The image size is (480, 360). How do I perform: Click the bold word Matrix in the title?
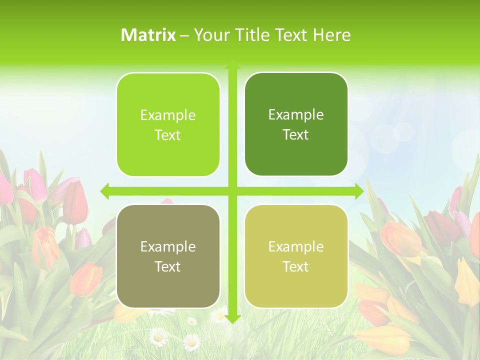148,35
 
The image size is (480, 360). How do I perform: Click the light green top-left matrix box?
168,124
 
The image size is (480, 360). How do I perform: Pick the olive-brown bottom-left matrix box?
168,256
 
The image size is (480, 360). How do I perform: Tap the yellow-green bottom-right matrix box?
296,256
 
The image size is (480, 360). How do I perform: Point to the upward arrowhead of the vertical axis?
232,65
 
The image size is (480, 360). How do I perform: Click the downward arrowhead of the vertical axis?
232,318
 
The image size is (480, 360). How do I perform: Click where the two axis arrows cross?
232,191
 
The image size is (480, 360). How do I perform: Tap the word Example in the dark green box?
296,114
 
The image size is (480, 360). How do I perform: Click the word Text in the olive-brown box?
167,266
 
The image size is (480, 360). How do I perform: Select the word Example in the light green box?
168,115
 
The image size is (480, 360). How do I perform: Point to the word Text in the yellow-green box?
295,266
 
